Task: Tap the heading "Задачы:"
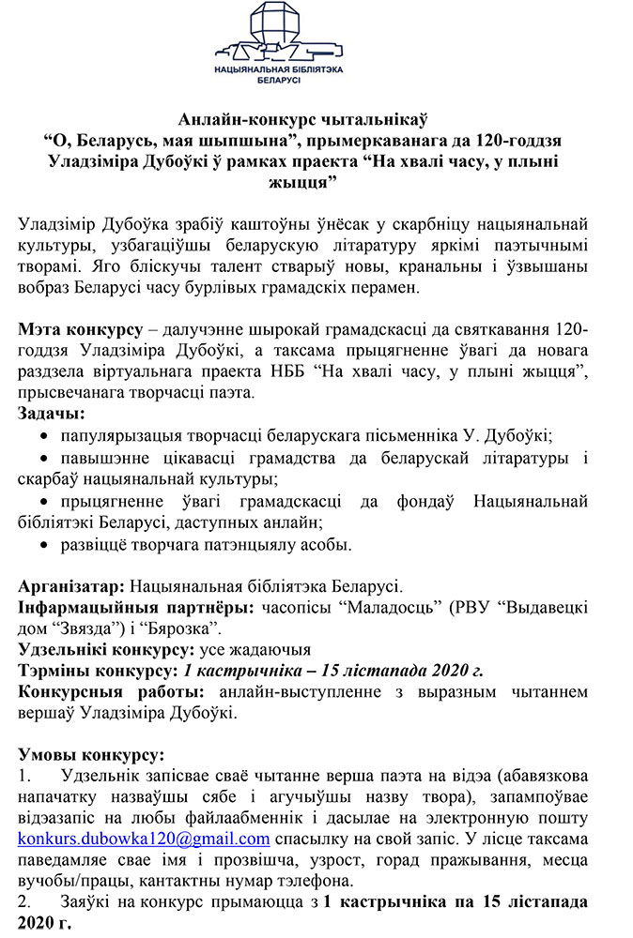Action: (x=51, y=413)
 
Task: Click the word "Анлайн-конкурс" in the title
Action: (x=236, y=119)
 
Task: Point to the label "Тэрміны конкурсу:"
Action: (x=97, y=670)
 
